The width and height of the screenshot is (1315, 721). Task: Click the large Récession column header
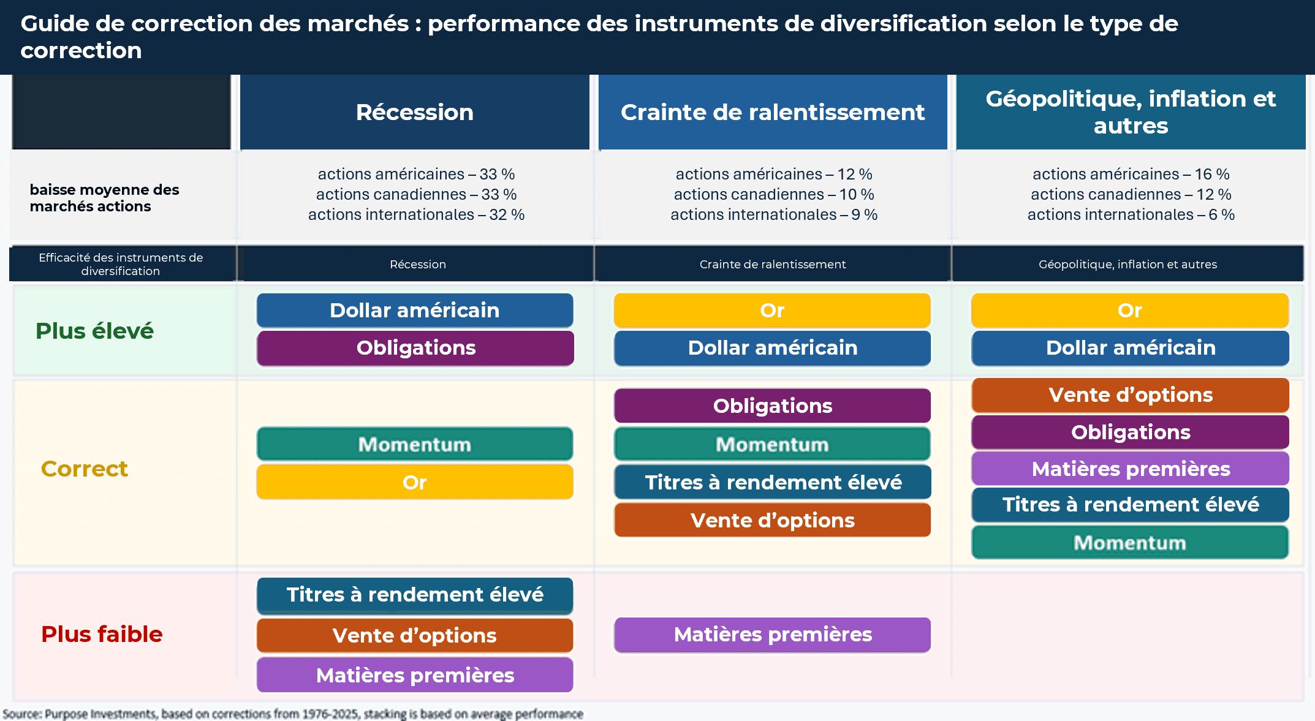tap(415, 112)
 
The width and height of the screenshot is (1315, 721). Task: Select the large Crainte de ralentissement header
tap(773, 112)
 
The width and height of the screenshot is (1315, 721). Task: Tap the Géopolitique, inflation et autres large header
tap(1131, 112)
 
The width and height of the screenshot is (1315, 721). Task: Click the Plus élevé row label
tap(94, 331)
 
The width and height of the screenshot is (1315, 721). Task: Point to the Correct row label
tap(85, 469)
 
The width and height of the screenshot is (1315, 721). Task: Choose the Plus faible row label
tap(102, 634)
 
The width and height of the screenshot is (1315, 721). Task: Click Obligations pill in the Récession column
tap(415, 348)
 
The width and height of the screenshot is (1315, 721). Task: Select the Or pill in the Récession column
tap(415, 482)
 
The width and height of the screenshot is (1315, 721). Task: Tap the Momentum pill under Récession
tap(415, 444)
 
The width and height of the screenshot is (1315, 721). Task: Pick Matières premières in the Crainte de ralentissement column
tap(773, 635)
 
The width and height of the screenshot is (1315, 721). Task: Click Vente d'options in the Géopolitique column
tap(1131, 395)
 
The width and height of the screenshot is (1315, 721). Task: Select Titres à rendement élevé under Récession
tap(415, 595)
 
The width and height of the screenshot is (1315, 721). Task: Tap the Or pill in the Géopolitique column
tap(1131, 311)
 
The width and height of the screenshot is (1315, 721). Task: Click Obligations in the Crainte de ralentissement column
tap(773, 406)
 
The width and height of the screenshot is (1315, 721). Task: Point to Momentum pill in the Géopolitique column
tap(1131, 543)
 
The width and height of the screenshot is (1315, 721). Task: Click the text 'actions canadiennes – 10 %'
tap(774, 194)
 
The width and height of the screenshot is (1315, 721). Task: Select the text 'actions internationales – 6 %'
tap(1131, 214)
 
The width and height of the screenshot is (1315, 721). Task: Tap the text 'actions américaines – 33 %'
tap(416, 174)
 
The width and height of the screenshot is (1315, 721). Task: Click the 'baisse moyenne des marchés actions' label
tap(104, 198)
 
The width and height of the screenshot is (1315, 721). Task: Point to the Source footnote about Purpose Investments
tap(293, 714)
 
